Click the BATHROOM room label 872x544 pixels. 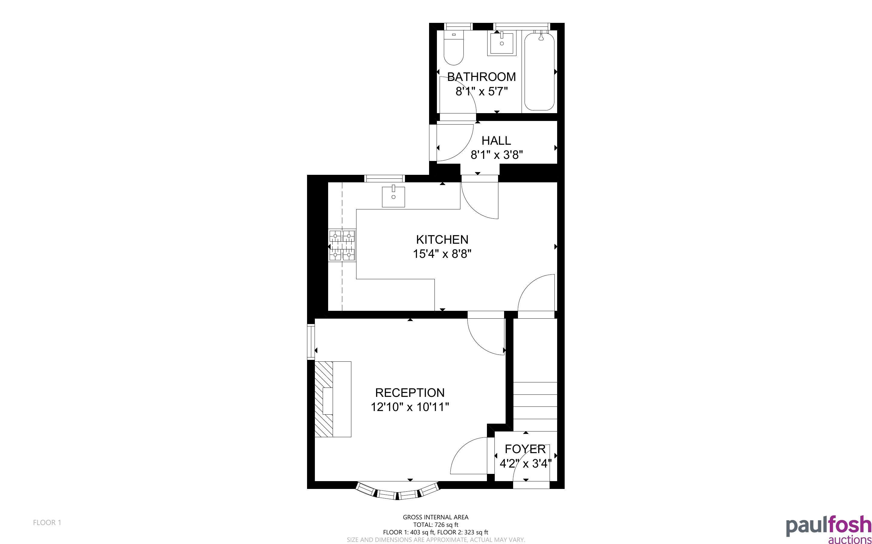[481, 77]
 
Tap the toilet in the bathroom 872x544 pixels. [454, 48]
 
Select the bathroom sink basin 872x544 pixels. [502, 43]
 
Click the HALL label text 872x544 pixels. [496, 140]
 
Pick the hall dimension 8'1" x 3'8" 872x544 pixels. [497, 155]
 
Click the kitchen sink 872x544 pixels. [393, 196]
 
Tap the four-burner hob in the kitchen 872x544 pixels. [342, 246]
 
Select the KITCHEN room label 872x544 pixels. [442, 239]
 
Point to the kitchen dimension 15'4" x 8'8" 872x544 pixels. [442, 254]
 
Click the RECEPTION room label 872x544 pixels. [410, 393]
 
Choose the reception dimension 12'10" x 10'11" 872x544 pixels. [410, 407]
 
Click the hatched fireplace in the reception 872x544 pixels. [324, 399]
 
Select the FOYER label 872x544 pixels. [525, 449]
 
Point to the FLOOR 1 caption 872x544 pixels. [47, 522]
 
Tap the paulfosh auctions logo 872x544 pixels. [828, 530]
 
